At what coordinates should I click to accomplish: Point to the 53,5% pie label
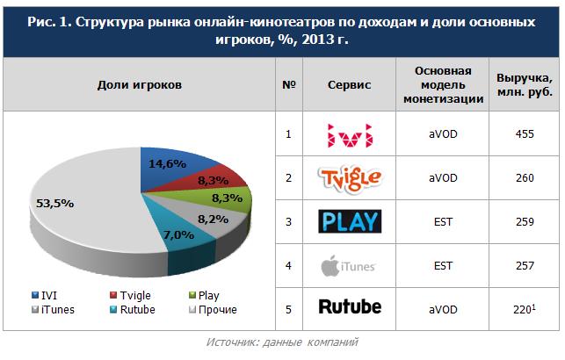click(54, 203)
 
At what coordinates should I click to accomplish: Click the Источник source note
click(281, 341)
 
